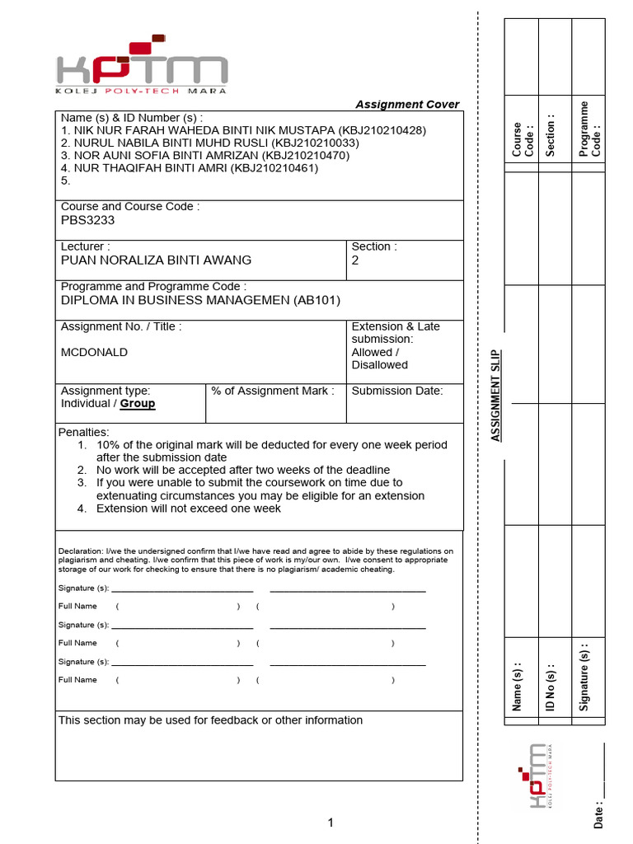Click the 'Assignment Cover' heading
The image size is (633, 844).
click(407, 105)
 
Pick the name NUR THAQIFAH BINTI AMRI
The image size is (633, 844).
click(144, 168)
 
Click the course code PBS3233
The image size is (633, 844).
click(88, 220)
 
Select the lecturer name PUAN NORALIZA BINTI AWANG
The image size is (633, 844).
click(157, 260)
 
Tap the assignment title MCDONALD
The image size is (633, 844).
click(95, 352)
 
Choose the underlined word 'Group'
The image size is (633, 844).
click(138, 404)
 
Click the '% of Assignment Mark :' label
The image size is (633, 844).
click(273, 391)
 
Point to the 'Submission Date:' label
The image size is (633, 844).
click(397, 391)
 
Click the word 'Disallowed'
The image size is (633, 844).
click(380, 365)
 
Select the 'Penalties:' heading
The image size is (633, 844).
click(83, 432)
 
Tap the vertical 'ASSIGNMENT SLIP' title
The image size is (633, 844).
click(496, 395)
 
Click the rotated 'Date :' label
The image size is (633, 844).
click(598, 813)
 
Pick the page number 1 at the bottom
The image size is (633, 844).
click(331, 822)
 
